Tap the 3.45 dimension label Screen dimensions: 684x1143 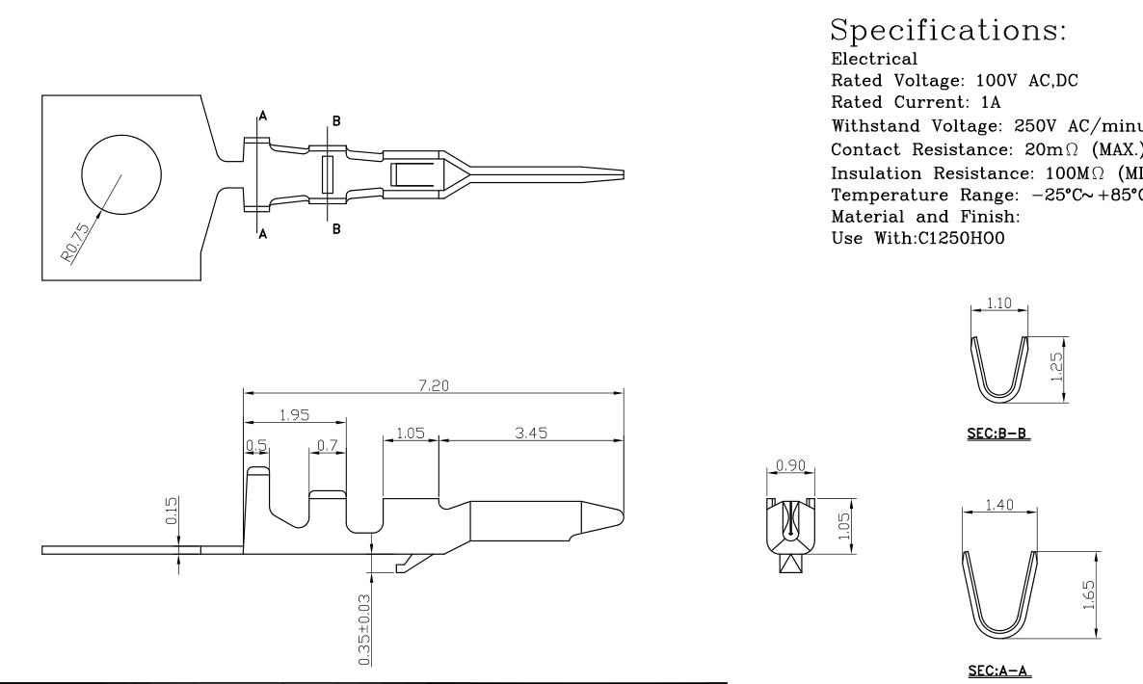coord(530,434)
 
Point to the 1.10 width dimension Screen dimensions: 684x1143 coord(998,302)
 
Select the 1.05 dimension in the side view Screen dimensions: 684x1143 coord(410,434)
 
